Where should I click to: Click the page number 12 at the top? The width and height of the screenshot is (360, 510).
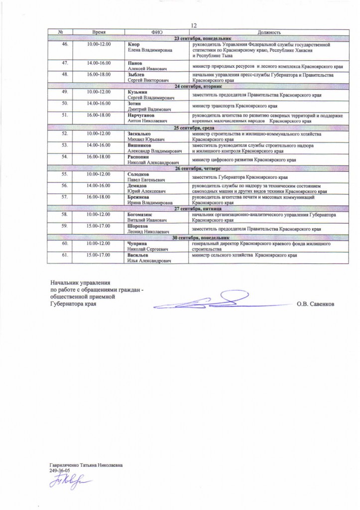[195, 25]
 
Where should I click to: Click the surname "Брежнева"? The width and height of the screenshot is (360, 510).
[140, 198]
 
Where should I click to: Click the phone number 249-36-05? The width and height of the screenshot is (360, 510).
[59, 470]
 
